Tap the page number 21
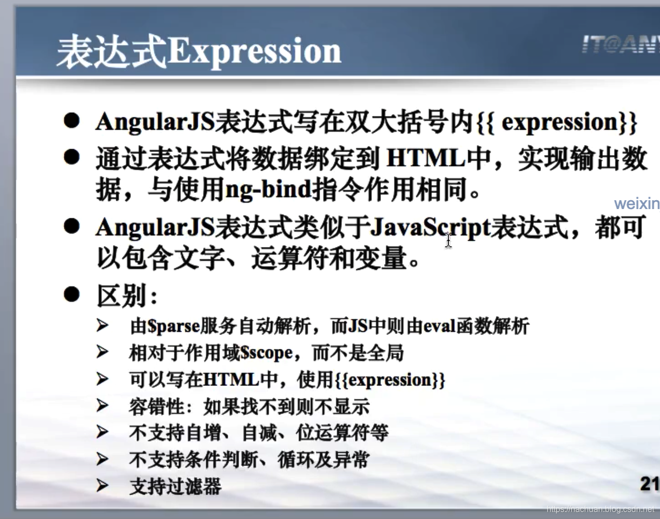point(650,484)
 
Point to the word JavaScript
point(430,228)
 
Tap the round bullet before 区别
point(72,294)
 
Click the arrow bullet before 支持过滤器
point(102,485)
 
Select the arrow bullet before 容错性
point(102,405)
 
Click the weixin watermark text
point(637,203)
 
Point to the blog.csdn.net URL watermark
point(600,509)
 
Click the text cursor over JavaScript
point(448,241)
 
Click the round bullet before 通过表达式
point(72,157)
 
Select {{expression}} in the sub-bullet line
point(390,380)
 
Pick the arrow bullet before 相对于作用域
point(102,352)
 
